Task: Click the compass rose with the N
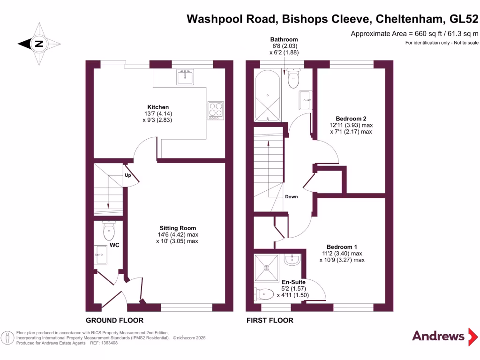pyautogui.click(x=39, y=44)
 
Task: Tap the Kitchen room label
pyautogui.click(x=158, y=107)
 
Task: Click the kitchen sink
pyautogui.click(x=186, y=76)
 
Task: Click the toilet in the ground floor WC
pyautogui.click(x=109, y=230)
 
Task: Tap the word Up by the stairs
pyautogui.click(x=127, y=176)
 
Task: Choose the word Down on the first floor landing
pyautogui.click(x=291, y=196)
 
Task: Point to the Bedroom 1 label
pyautogui.click(x=342, y=247)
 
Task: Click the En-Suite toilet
pyautogui.click(x=264, y=294)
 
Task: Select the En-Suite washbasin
pyautogui.click(x=292, y=259)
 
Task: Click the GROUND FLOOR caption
pyautogui.click(x=114, y=321)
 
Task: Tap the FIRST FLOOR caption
pyautogui.click(x=270, y=321)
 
